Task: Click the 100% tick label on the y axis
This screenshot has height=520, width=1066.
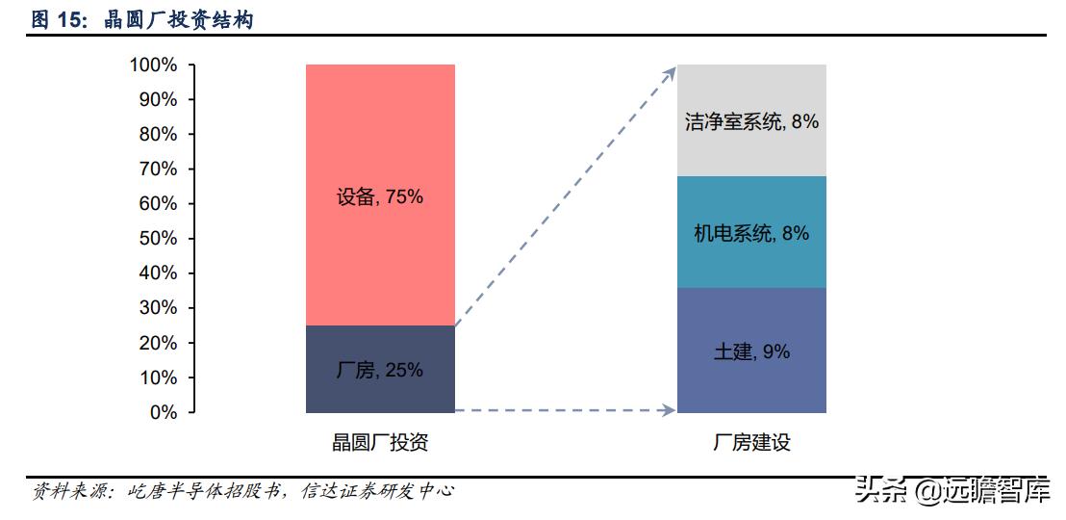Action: [x=153, y=65]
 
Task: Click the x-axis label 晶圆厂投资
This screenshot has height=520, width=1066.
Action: [x=380, y=443]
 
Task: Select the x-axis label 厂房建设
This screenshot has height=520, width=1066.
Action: [x=751, y=443]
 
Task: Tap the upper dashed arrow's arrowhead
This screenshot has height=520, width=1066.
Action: [x=670, y=71]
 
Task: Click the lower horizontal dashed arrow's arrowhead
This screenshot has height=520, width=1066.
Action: [x=670, y=411]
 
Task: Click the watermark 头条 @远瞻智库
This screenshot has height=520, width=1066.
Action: [x=952, y=492]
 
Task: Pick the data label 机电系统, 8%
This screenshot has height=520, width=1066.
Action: [x=751, y=233]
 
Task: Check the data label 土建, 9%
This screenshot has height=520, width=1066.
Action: [x=751, y=351]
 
